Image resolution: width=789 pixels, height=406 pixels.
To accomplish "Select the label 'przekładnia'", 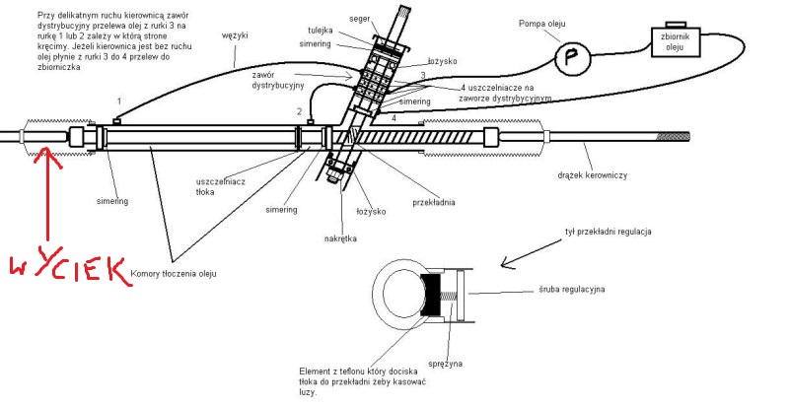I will click(x=434, y=203).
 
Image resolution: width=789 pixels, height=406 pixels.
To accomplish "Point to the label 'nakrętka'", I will click(x=340, y=237).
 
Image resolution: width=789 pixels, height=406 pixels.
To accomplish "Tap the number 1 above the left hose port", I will click(x=118, y=101).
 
